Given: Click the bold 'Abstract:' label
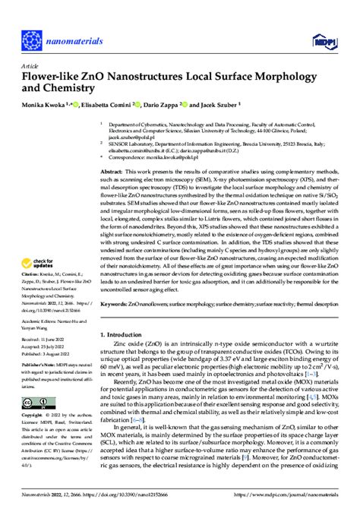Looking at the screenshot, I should (115, 174).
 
